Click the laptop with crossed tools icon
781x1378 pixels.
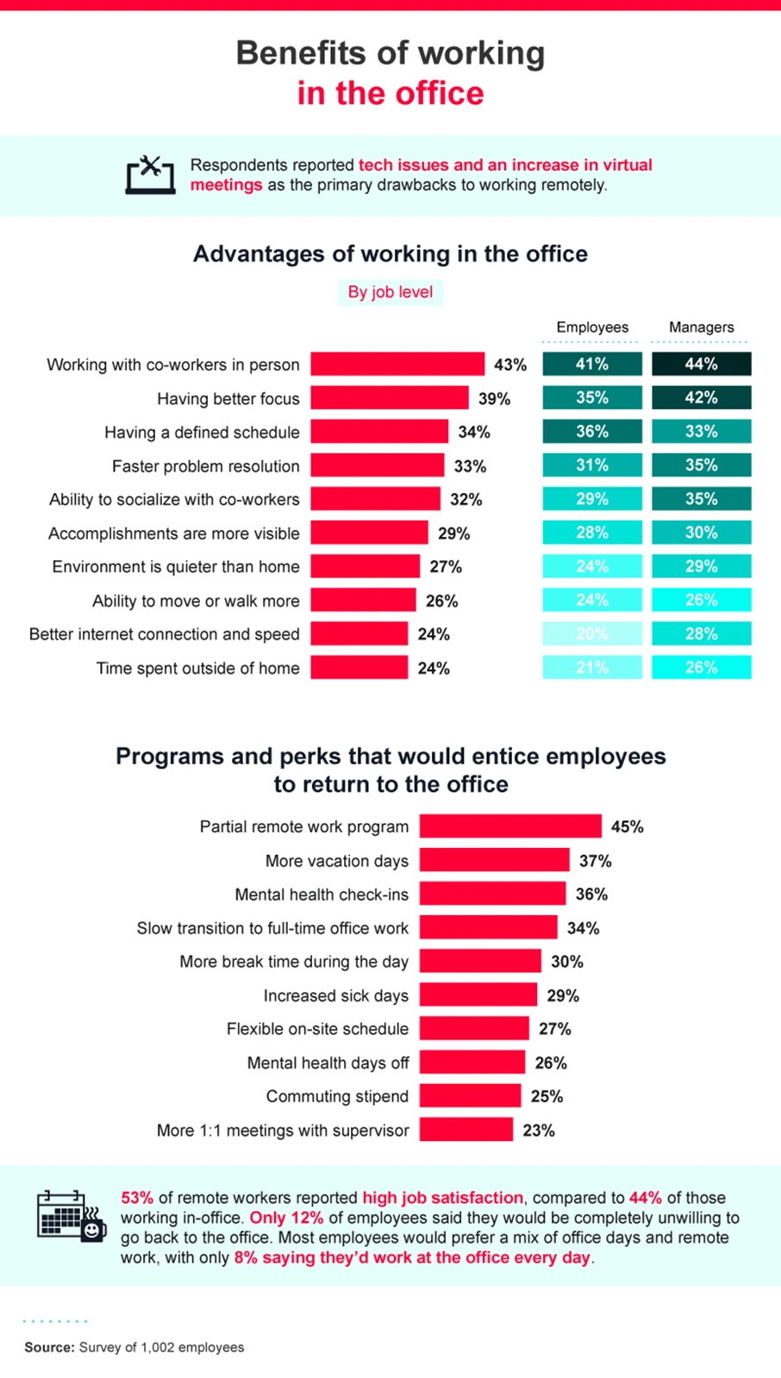point(150,175)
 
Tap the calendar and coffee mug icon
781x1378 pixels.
point(71,1216)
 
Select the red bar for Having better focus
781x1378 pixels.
point(390,398)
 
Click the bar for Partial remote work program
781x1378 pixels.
point(510,826)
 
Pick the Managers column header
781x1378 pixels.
point(701,327)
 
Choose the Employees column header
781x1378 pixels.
point(592,327)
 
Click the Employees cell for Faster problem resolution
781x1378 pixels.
point(592,465)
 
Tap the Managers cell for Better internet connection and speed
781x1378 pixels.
point(701,634)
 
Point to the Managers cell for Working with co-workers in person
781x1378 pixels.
point(701,365)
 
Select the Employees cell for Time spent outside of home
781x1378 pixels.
point(592,668)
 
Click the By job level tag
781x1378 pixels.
point(390,292)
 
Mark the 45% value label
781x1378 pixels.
point(627,826)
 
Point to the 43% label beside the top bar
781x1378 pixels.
point(509,365)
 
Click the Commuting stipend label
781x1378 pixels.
point(337,1096)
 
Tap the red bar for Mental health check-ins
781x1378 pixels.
point(492,894)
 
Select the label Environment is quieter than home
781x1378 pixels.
point(176,567)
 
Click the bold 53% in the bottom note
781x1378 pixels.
point(137,1198)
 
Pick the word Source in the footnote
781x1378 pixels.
point(49,1347)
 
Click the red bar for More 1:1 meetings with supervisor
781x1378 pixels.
point(465,1130)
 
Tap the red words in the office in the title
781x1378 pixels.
point(390,93)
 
